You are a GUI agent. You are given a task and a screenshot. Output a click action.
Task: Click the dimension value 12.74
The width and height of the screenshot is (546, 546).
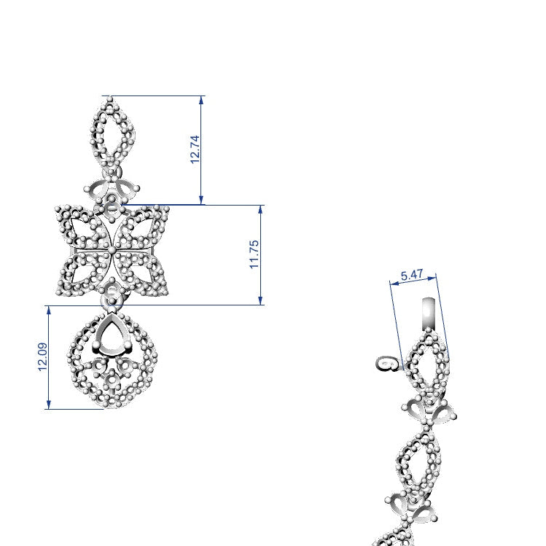click(x=195, y=149)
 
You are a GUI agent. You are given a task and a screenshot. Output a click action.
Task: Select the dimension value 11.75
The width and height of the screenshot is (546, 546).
click(x=254, y=254)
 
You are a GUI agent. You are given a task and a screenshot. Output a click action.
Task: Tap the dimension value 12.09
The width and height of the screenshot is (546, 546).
click(x=42, y=357)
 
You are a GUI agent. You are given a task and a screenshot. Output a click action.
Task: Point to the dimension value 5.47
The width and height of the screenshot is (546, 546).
click(x=412, y=276)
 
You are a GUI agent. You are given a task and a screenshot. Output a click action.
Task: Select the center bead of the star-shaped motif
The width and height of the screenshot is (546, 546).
click(x=112, y=249)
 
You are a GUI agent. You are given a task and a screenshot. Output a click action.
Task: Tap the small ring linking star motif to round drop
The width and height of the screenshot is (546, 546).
click(x=112, y=295)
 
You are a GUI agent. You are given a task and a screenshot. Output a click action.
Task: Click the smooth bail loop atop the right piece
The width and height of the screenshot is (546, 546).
click(x=429, y=313)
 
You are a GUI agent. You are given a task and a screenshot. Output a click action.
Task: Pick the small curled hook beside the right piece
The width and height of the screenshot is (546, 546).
click(x=389, y=364)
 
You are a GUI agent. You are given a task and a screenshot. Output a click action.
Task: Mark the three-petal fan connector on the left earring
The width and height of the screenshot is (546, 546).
click(x=113, y=190)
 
